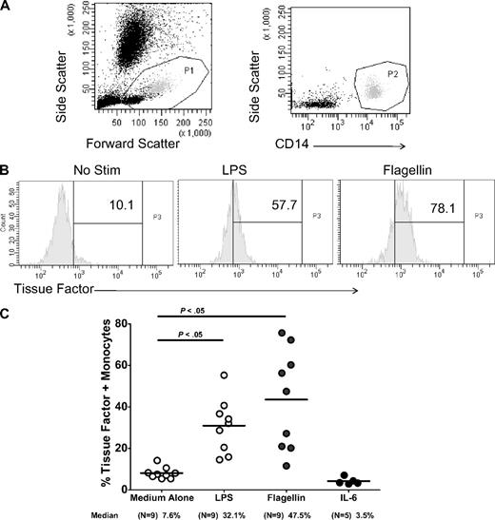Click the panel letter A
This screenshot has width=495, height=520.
(x=8, y=8)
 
